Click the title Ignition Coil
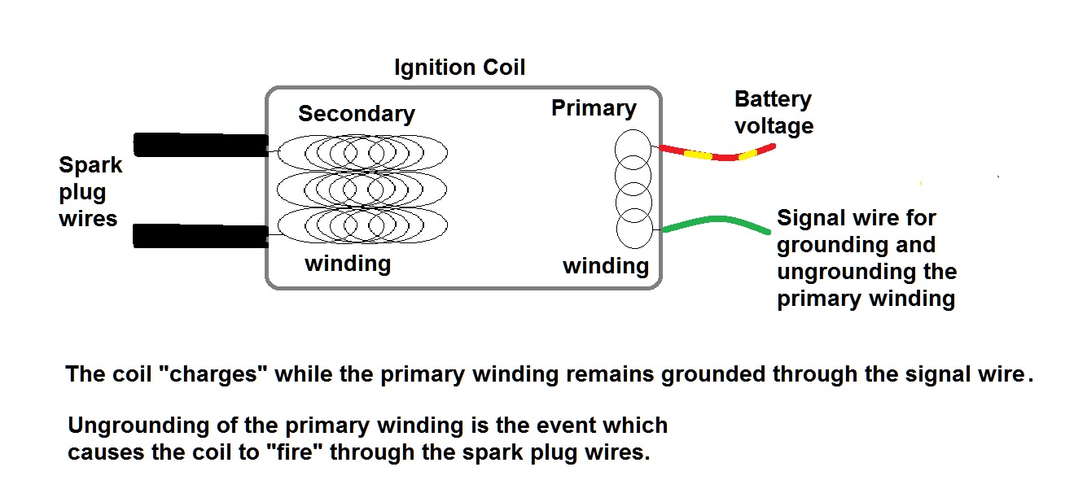coord(459,68)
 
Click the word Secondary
coord(356,114)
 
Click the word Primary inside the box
coord(594,108)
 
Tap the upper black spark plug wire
coord(200,145)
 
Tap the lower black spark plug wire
coord(200,236)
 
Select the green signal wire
coord(717,223)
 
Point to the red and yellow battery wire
coord(717,154)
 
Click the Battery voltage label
coord(773,113)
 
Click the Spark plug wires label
coord(90,192)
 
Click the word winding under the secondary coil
coord(348,264)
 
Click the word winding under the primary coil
coord(606,266)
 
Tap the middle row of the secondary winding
coord(362,190)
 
